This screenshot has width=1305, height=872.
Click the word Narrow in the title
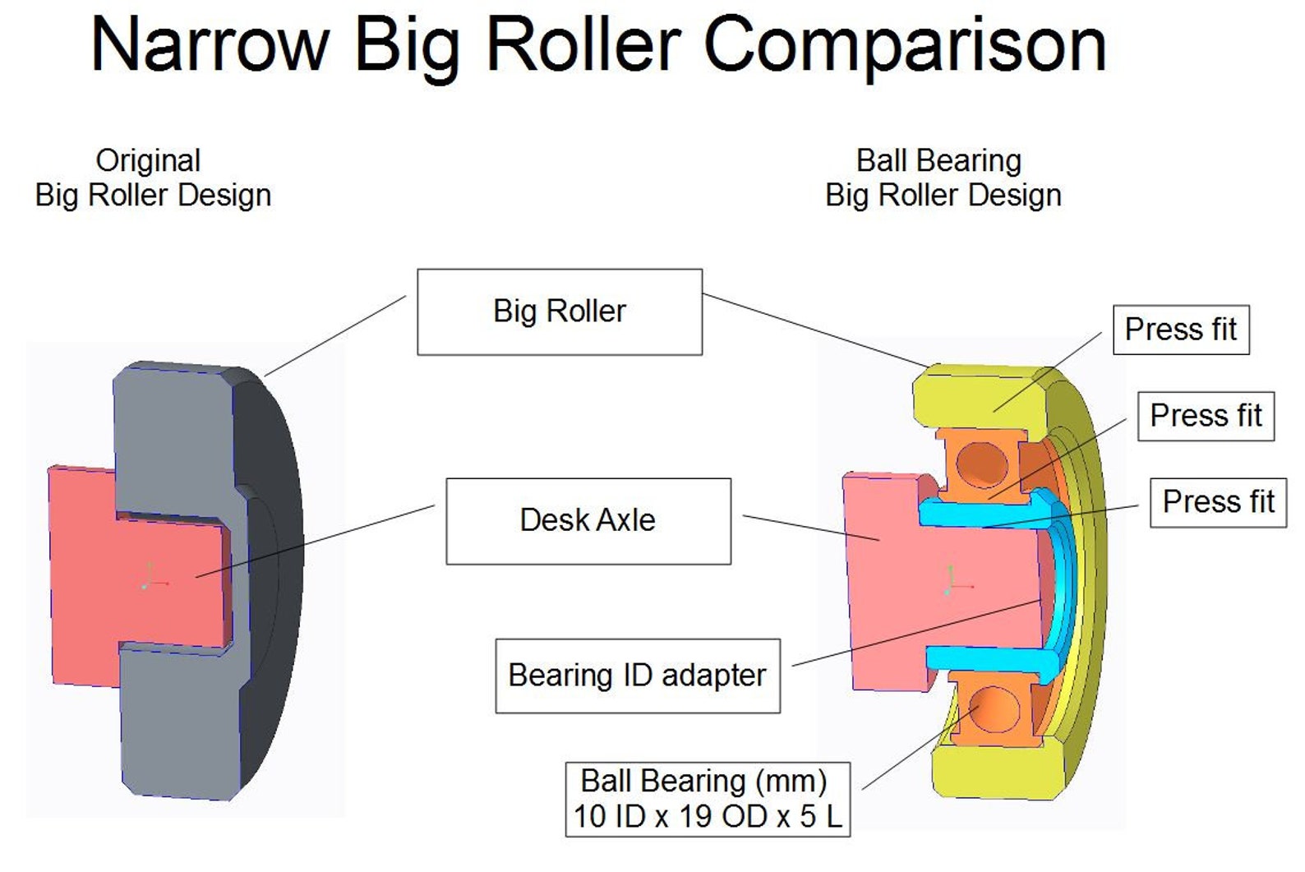[x=210, y=45]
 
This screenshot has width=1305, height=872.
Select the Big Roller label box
[x=560, y=311]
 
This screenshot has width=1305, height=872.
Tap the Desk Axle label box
[x=588, y=520]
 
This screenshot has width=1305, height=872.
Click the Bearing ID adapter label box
[x=638, y=676]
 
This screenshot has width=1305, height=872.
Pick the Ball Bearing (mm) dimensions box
[x=708, y=799]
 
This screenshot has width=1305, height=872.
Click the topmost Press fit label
[x=1180, y=330]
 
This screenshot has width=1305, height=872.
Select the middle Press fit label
[x=1206, y=416]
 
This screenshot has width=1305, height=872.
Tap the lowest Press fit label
[x=1218, y=501]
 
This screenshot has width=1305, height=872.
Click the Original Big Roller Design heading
[x=152, y=178]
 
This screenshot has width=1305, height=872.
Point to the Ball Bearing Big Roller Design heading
[x=943, y=178]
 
